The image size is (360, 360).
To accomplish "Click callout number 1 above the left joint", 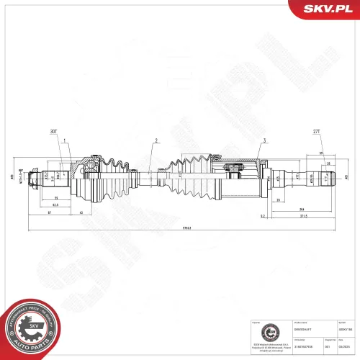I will coord(65,141).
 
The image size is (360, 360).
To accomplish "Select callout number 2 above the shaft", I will coord(155,141).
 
